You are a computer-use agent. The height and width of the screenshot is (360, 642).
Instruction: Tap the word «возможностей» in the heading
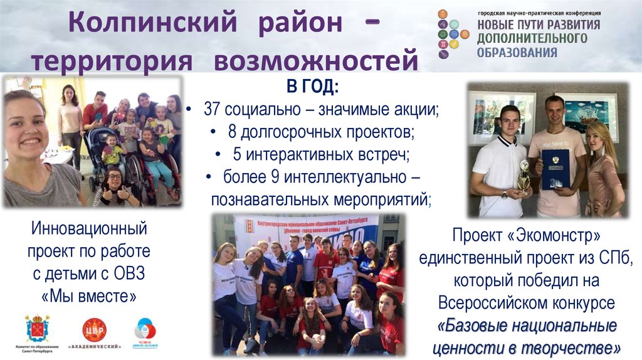click(x=316, y=61)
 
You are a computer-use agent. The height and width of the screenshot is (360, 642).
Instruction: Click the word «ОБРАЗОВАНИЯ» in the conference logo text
click(x=517, y=53)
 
